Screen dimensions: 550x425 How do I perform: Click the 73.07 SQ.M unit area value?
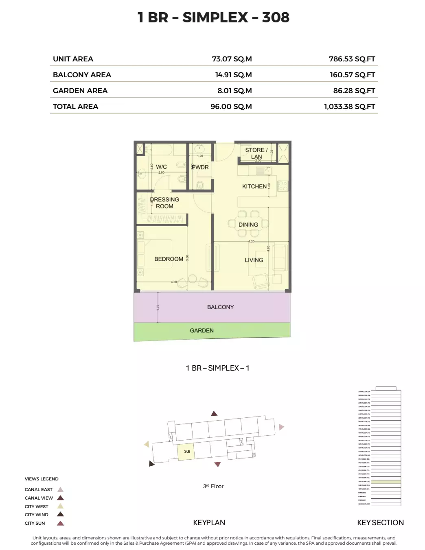coord(232,59)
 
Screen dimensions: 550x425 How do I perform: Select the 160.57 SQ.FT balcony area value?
coord(352,75)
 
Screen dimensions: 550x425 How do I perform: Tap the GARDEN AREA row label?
coord(80,91)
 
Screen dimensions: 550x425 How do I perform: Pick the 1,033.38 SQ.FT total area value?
coord(349,107)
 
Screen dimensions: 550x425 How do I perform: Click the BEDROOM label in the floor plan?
coord(169,259)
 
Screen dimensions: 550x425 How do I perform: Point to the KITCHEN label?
coord(254,186)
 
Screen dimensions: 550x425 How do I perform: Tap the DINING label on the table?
coord(248,225)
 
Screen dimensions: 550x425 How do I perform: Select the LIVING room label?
coord(254,260)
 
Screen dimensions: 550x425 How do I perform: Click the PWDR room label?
coord(200,167)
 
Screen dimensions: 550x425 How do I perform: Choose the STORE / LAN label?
coord(256,153)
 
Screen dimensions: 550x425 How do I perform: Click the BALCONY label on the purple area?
coord(220,307)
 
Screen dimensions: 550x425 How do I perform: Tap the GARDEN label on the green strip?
coord(202,331)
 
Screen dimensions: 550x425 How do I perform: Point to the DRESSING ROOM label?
coord(164,203)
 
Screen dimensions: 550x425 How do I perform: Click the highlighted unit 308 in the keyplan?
coord(186,452)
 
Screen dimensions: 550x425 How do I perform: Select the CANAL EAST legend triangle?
coord(60,490)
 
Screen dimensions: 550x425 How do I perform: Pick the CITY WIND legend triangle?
coord(60,515)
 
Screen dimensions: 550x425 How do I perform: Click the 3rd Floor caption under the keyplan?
coord(213,486)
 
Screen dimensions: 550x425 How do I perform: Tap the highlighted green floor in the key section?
coord(386,482)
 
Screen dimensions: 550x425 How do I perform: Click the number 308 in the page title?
coord(276,17)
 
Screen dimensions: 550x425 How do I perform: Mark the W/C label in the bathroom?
coord(161,167)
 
